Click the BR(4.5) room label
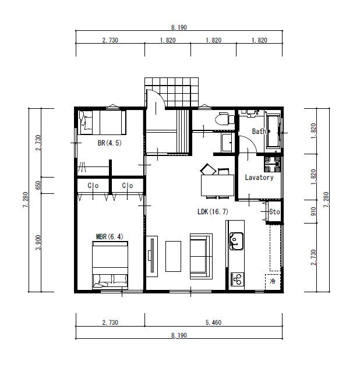[110, 143]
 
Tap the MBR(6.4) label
[110, 237]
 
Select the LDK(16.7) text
[213, 211]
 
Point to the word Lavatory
[259, 178]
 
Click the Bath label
[259, 132]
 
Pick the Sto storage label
[274, 211]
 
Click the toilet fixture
[223, 119]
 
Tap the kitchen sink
[237, 241]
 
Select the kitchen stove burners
[237, 279]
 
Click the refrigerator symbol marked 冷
[273, 282]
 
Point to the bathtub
[273, 132]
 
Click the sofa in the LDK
[201, 256]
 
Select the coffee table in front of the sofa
[173, 256]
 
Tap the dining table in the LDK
[217, 185]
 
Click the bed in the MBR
[110, 265]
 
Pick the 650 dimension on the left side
[38, 185]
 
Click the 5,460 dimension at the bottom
[213, 323]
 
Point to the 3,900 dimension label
[38, 243]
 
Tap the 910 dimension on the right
[313, 211]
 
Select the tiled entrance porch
[171, 93]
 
